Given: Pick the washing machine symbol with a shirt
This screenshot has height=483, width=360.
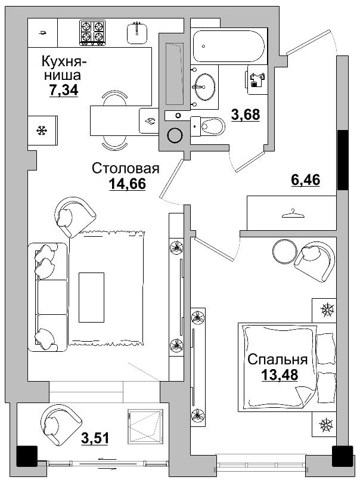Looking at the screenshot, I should coord(258,79).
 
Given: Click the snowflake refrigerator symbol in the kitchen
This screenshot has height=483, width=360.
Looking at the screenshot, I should coord(42,130).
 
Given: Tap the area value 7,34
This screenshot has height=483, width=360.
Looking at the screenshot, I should coord(64,89).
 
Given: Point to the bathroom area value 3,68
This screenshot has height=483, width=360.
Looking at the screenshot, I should coord(246,114).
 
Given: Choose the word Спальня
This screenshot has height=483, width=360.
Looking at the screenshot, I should coord(277,360).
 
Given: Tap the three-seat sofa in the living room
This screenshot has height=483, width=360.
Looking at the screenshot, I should coord(48,295).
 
